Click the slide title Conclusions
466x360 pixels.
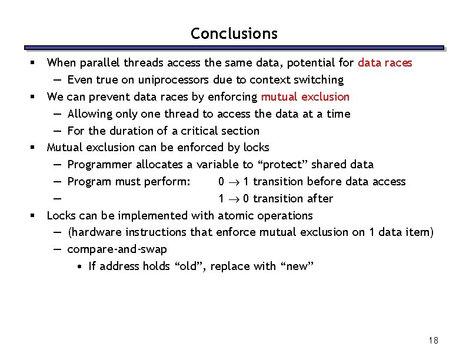point(234,34)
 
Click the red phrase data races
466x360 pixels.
point(385,62)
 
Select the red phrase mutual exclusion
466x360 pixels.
point(305,96)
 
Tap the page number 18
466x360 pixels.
point(434,341)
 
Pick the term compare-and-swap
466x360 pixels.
point(117,249)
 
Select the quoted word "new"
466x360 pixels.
point(297,266)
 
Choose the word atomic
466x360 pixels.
point(235,215)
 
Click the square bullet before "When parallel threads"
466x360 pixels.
point(36,62)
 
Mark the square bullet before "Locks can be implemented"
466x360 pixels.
point(36,216)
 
